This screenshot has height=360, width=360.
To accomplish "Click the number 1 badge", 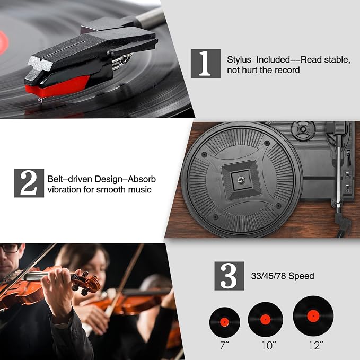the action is coord(206,64).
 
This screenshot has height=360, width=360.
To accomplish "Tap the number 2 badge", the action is coord(29,183).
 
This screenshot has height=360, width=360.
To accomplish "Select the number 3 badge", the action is coord(229,276).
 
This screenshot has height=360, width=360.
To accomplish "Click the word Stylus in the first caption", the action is coord(239,60).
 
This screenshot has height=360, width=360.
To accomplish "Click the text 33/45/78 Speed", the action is coord(283,276).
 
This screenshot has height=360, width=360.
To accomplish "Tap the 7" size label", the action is coord(224,346).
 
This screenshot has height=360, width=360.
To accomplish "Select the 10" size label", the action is coord(269,346).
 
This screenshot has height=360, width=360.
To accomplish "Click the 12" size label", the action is coord(315,346).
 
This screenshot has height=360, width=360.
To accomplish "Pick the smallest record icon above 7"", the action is coord(225,322).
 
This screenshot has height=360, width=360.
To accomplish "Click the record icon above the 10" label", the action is coord(266,319).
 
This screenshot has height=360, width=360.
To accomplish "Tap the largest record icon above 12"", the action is coord(313,316).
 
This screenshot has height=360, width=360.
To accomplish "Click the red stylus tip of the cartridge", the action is coord(57,87).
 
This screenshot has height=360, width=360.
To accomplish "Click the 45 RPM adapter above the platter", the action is coord(303,129).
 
